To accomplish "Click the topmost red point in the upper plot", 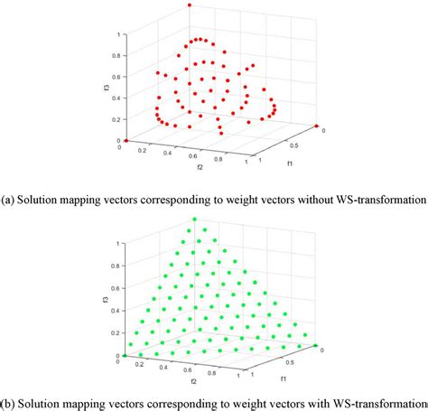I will [190, 5].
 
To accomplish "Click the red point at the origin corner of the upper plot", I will [126, 141].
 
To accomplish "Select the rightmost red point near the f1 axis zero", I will [316, 126].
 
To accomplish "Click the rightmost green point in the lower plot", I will [316, 344].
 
